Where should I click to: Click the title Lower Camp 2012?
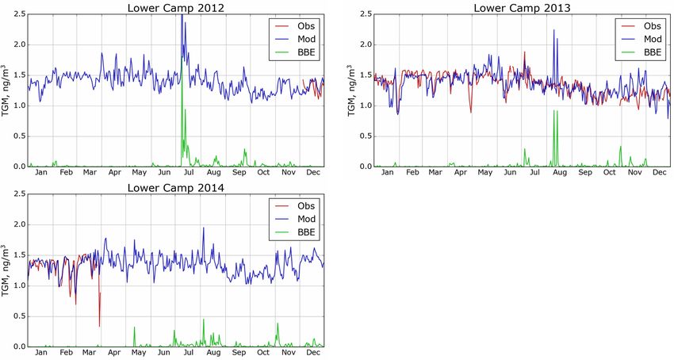[175, 8]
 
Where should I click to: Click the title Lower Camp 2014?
[175, 188]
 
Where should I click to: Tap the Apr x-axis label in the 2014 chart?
[114, 352]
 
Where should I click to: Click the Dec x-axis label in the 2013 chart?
[657, 172]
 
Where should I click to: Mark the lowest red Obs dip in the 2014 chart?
[99, 326]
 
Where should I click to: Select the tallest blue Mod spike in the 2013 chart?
[553, 30]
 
